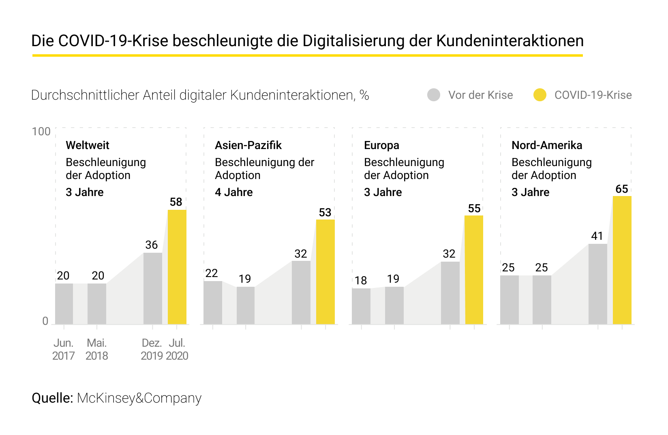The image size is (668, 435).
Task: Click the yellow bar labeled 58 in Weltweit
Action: [x=177, y=267]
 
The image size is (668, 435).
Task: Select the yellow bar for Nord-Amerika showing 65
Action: [x=622, y=260]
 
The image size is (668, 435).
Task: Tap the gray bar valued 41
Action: [x=597, y=284]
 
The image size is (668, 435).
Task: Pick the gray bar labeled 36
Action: [x=152, y=288]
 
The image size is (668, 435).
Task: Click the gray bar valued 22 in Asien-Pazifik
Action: [x=212, y=303]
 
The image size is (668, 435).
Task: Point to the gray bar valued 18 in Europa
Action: [x=361, y=306]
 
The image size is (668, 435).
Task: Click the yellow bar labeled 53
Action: [x=325, y=272]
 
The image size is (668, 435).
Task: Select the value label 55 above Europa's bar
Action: [x=474, y=209]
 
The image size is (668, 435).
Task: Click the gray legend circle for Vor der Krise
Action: [x=434, y=95]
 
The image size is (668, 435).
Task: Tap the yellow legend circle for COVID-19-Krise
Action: [x=540, y=95]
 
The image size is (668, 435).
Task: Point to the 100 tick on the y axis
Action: [x=41, y=132]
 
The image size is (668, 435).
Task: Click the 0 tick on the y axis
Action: [x=45, y=321]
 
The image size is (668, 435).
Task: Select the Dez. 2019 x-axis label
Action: [x=152, y=349]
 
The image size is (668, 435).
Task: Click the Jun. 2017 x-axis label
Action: [x=64, y=349]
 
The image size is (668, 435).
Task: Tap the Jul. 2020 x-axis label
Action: [x=177, y=349]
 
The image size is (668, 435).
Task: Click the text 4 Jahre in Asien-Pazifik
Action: [x=233, y=192]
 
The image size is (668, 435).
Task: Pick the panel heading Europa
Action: [x=381, y=145]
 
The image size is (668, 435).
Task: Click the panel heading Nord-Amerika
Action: [x=546, y=145]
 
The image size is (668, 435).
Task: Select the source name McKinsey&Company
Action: [x=139, y=398]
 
